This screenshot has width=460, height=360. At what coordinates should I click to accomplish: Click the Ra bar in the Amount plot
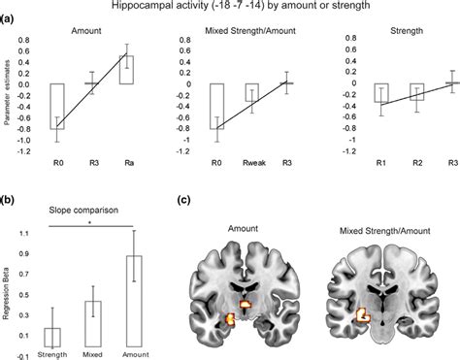tap(126, 70)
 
